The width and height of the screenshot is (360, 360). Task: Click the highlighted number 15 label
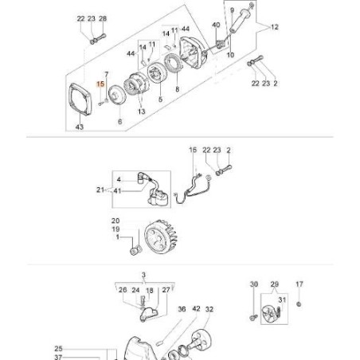(x=100, y=83)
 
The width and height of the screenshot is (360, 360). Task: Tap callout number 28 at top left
(x=103, y=18)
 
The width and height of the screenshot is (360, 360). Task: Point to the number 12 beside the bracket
(x=275, y=27)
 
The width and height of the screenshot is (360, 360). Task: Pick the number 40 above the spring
(x=214, y=26)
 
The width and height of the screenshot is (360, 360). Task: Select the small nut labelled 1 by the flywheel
(x=134, y=252)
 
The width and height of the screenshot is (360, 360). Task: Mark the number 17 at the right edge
(x=299, y=284)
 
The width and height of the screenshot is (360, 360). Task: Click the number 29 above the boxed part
(x=275, y=284)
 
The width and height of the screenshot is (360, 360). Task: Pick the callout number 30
(x=253, y=284)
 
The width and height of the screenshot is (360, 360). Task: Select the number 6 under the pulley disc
(x=119, y=122)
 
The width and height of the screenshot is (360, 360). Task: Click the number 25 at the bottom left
(x=58, y=348)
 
